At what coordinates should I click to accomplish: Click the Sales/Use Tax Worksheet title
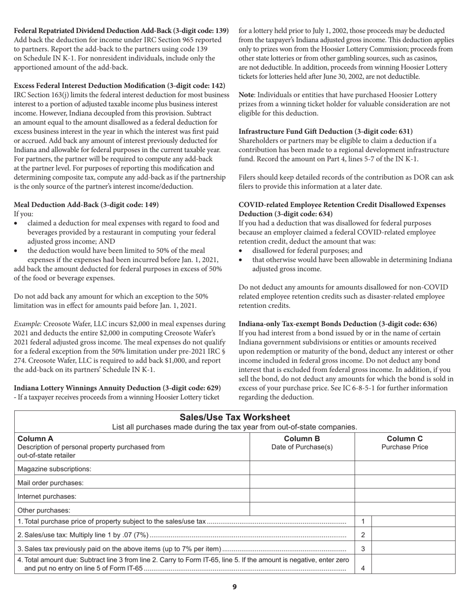click(x=234, y=418)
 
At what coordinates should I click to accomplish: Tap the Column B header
click(x=302, y=438)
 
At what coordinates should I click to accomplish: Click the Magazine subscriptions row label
click(x=54, y=469)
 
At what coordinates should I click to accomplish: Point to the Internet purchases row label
click(x=47, y=496)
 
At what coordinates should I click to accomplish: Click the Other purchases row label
click(x=44, y=510)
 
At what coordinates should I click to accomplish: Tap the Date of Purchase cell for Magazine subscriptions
click(x=302, y=469)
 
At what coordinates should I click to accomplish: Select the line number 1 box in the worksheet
click(x=363, y=521)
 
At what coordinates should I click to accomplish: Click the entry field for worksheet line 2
click(x=413, y=535)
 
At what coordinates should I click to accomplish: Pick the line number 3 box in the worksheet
click(x=363, y=548)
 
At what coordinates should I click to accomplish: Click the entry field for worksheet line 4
click(x=413, y=565)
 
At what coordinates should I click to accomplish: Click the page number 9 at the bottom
click(x=234, y=587)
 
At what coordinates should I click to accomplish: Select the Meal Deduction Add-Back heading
click(x=86, y=205)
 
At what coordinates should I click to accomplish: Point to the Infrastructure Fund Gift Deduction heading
click(x=326, y=131)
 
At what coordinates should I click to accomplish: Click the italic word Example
click(x=28, y=324)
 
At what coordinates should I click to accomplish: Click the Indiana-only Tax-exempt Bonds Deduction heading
click(x=337, y=324)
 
